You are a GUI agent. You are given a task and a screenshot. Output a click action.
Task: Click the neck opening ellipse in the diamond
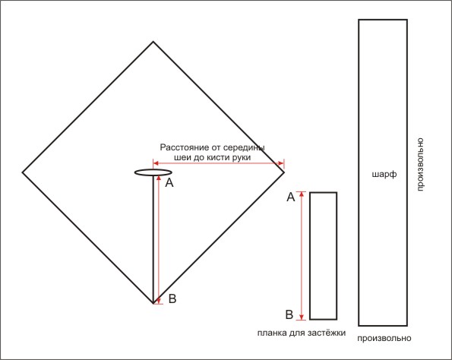point(153,169)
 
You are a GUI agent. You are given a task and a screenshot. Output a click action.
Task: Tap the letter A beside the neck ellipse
point(169,183)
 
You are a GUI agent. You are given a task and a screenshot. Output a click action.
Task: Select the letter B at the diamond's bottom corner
point(172,298)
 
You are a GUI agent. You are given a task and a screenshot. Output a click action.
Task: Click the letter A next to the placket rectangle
point(291,197)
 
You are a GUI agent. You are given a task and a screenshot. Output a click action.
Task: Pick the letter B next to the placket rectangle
point(289,314)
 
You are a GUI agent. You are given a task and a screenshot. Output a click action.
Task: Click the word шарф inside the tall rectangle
point(384,175)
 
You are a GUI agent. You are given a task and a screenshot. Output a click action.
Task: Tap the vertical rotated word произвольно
point(420,165)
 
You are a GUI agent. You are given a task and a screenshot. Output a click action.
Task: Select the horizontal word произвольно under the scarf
point(384,338)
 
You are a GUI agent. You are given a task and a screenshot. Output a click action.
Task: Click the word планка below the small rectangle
point(271,333)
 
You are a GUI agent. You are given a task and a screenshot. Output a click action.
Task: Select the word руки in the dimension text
point(241,158)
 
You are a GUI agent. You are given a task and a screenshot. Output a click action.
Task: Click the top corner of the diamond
point(153,42)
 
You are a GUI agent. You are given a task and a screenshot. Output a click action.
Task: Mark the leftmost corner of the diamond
point(23,172)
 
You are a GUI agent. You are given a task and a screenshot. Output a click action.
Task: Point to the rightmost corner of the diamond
point(284,172)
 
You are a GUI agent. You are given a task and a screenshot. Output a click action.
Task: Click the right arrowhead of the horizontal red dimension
point(281,163)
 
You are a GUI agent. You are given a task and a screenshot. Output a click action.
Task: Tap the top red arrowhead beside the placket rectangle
point(302,194)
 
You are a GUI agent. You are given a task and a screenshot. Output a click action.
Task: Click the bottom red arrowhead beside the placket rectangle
point(302,317)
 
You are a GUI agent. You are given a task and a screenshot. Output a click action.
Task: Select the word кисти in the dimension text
point(218,158)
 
